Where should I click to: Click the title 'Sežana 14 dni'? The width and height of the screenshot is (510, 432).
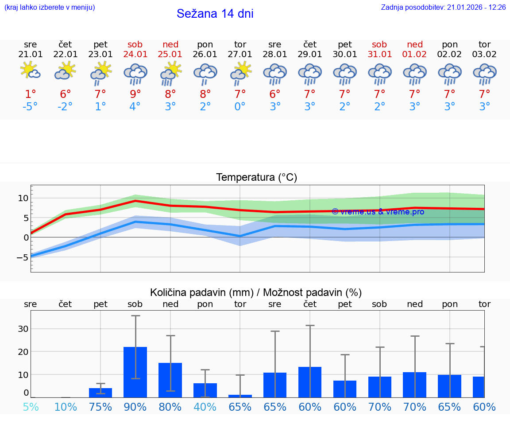(x=215, y=14)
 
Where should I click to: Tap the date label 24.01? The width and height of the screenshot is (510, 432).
(x=135, y=54)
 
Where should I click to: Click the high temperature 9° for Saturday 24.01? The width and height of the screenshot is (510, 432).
(x=135, y=94)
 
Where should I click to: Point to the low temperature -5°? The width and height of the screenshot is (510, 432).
(x=31, y=107)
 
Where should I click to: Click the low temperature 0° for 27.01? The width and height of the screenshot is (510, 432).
(x=240, y=107)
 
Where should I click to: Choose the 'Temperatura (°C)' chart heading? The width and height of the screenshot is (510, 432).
(x=256, y=178)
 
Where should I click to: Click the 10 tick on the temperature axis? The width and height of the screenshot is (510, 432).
(x=23, y=198)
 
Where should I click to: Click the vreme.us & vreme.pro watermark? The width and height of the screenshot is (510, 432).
(x=378, y=212)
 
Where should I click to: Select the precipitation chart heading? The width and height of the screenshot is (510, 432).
(x=256, y=292)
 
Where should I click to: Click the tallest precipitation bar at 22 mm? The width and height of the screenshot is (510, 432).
(x=135, y=372)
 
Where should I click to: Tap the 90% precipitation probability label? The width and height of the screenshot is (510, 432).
(x=135, y=407)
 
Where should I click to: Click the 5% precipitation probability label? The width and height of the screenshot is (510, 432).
(x=31, y=407)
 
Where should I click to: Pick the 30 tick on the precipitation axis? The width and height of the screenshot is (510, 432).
(x=23, y=329)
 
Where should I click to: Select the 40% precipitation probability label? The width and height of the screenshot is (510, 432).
(x=205, y=407)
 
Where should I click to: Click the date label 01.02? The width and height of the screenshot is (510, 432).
(x=415, y=54)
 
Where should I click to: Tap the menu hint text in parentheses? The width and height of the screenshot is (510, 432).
(x=50, y=8)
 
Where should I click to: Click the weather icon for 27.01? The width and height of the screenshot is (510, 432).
(x=240, y=73)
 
